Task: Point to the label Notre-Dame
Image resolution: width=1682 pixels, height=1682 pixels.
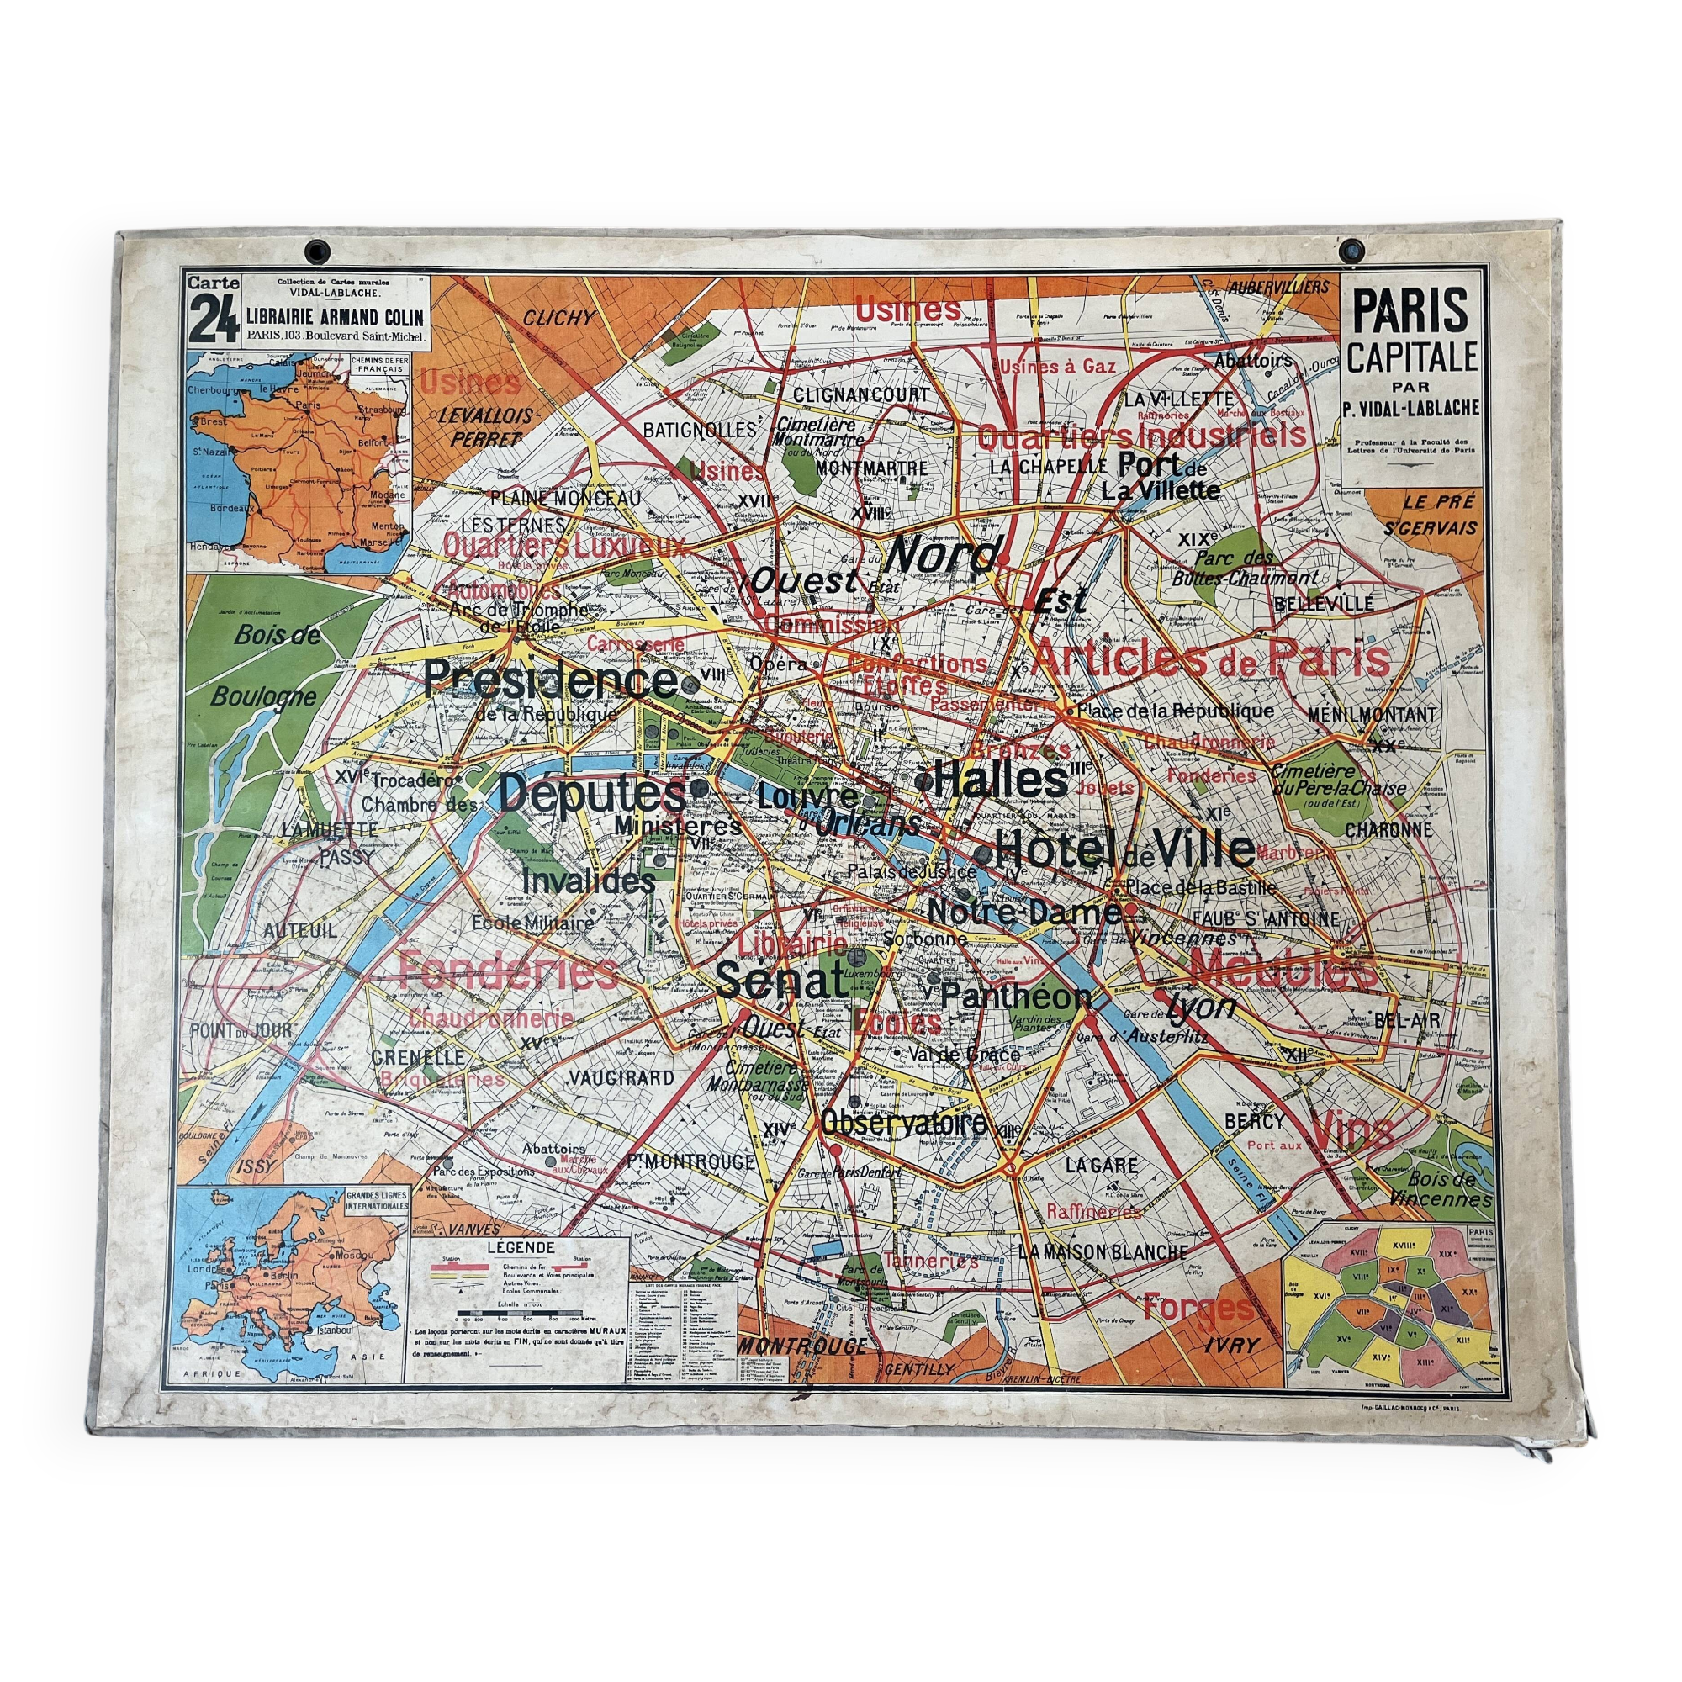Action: click(1024, 912)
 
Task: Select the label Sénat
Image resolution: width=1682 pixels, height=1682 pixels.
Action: click(782, 981)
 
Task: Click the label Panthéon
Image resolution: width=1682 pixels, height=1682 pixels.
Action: click(1016, 996)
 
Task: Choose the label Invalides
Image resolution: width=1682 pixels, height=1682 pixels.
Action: click(590, 881)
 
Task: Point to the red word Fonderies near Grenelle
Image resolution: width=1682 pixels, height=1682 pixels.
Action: click(510, 971)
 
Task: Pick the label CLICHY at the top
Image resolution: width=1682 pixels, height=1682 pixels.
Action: click(558, 319)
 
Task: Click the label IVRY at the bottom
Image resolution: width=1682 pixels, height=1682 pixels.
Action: click(1231, 1344)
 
